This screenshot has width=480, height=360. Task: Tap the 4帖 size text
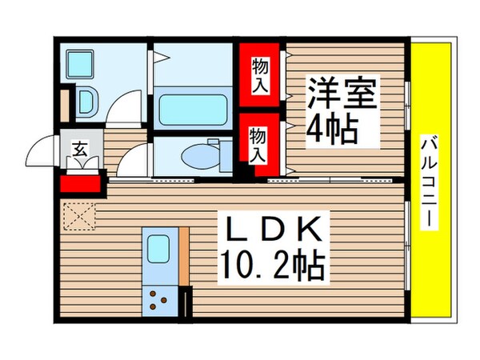332,128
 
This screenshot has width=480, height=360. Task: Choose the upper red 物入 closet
259,74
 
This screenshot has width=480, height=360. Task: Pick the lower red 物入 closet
258,144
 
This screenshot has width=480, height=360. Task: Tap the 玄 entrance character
81,148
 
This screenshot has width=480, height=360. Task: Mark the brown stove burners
159,302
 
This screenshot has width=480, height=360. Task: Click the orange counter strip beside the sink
184,256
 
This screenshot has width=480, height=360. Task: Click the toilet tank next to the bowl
214,153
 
